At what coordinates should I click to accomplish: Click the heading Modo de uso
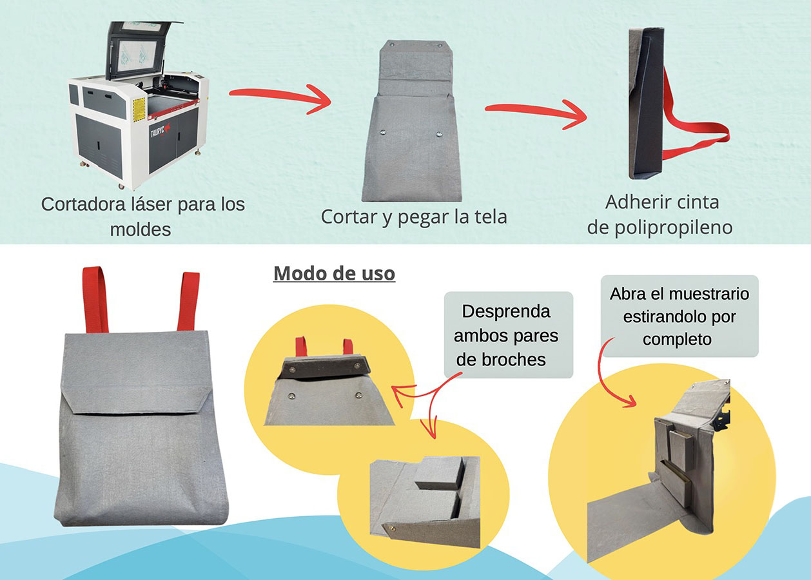point(334,273)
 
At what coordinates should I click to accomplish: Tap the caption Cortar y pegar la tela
point(414,217)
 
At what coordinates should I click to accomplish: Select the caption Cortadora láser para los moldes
point(142,216)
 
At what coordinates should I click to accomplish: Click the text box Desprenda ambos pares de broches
point(507,335)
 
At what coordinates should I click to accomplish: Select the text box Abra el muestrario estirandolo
point(679,316)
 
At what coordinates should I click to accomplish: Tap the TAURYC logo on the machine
point(158,129)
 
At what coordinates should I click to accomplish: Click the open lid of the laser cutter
point(138,48)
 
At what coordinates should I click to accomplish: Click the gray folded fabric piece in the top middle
point(413,122)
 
